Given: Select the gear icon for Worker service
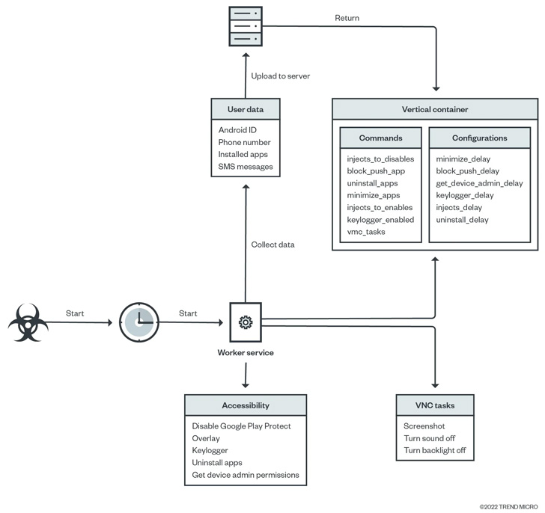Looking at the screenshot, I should pos(245,322).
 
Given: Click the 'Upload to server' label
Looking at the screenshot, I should pos(281,76).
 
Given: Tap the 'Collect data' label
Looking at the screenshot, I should pos(273,245).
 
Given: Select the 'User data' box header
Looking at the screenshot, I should pos(245,109).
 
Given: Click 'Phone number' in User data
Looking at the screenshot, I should pos(244,142).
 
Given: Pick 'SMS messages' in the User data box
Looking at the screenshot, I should pos(246,166).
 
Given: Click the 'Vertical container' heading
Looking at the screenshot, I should pos(434,109).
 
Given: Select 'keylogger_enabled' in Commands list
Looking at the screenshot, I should pos(380,219).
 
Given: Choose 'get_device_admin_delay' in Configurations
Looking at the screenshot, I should pos(479,183).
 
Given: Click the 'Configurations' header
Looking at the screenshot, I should pos(479,138).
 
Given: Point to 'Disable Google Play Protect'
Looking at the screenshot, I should pos(241,426).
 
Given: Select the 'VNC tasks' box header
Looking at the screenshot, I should pos(434,406).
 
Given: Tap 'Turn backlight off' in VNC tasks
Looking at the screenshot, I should pos(434,450).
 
